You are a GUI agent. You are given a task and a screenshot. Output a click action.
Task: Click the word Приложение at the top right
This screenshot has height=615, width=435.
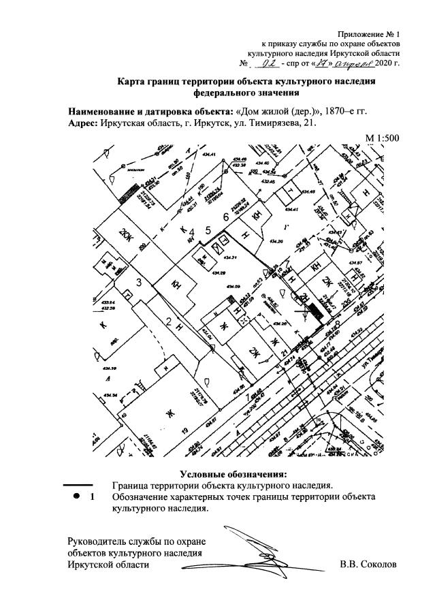point(359,33)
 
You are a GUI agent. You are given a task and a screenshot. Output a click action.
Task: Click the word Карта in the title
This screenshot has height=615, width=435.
point(131,82)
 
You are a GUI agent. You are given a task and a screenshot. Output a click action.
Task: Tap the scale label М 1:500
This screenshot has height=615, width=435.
point(382,138)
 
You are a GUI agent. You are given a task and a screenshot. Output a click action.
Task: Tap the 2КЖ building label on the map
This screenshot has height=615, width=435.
point(125,232)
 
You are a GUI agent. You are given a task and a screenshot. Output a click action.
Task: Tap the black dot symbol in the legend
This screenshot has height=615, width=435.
point(76,497)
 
